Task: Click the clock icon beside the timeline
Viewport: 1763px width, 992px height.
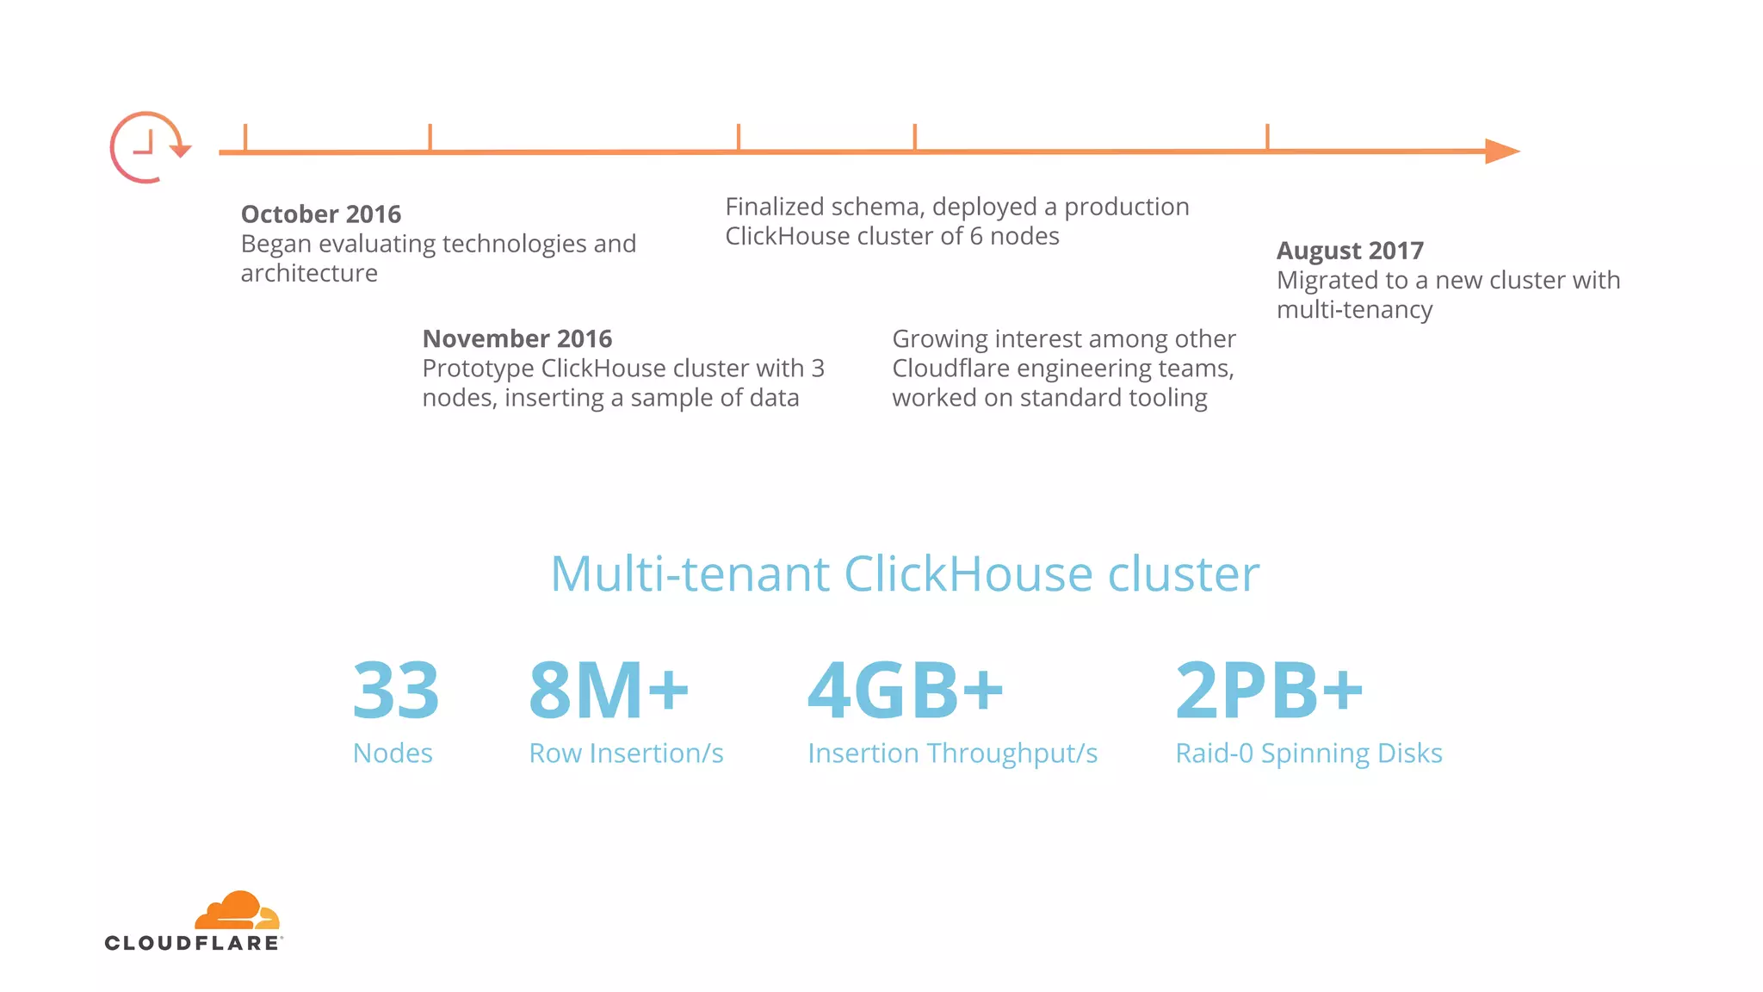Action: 146,147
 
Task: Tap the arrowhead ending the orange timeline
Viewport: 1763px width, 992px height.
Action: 1501,152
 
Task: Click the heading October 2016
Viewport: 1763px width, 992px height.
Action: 321,214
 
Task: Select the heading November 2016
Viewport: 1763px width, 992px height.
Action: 517,338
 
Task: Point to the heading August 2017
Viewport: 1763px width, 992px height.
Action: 1349,251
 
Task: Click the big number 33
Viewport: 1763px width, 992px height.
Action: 396,691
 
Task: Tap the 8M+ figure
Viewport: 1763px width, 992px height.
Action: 609,691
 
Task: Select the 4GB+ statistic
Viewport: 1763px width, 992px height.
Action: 905,691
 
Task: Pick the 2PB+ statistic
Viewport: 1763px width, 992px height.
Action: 1269,691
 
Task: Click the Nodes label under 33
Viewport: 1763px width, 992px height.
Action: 393,753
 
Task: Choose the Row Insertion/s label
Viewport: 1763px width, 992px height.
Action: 626,753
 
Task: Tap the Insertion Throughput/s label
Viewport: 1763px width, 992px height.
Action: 952,753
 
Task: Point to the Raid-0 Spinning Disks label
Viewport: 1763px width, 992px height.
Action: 1308,753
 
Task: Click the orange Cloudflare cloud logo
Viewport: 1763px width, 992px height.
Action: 238,910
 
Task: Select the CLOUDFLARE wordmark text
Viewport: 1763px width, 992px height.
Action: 193,943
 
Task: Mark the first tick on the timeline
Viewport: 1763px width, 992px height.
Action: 245,138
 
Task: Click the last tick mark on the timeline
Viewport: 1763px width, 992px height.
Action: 1267,137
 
